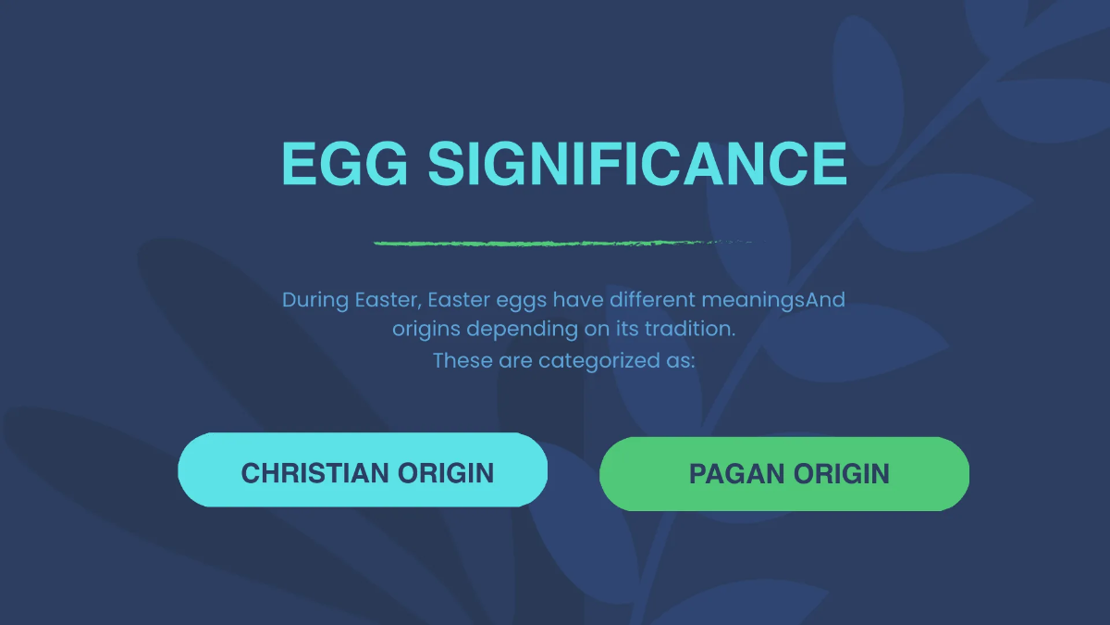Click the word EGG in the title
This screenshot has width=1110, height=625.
click(344, 164)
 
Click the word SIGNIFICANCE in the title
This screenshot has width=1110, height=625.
click(636, 164)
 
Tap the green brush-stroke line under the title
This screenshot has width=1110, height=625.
click(555, 244)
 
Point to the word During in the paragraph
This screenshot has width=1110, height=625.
click(315, 300)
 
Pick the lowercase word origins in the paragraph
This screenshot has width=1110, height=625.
click(425, 329)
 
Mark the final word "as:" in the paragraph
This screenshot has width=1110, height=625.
click(680, 360)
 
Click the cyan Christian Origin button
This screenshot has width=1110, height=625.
click(363, 470)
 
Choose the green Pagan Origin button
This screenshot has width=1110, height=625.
click(784, 474)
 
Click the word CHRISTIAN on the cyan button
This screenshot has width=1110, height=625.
click(314, 473)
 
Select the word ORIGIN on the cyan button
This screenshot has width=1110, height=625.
click(446, 473)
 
